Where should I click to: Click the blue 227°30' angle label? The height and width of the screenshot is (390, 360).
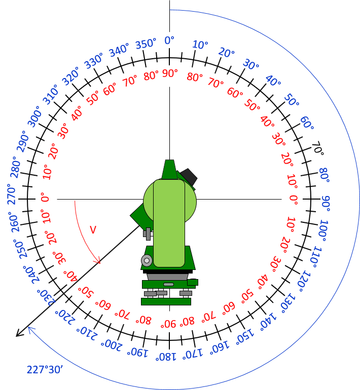pyautogui.click(x=45, y=370)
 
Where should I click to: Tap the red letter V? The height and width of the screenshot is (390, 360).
pyautogui.click(x=93, y=230)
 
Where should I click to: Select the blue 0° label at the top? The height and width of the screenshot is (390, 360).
pyautogui.click(x=169, y=41)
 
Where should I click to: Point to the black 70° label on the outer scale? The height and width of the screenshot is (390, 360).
pyautogui.click(x=318, y=148)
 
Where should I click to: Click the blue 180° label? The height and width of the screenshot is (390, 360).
pyautogui.click(x=166, y=357)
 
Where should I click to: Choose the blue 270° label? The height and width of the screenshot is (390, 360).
pyautogui.click(x=12, y=194)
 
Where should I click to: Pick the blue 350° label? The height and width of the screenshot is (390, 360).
pyautogui.click(x=146, y=44)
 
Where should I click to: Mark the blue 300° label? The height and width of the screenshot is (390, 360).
pyautogui.click(x=34, y=116)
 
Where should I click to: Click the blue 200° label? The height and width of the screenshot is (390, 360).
pyautogui.click(x=112, y=345)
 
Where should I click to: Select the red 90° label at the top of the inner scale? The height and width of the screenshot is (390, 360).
pyautogui.click(x=170, y=73)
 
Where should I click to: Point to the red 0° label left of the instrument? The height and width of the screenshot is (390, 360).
pyautogui.click(x=45, y=199)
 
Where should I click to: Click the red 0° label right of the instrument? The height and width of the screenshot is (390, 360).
pyautogui.click(x=294, y=200)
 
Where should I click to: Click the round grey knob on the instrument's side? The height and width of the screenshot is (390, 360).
pyautogui.click(x=147, y=261)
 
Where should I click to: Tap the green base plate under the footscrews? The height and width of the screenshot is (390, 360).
pyautogui.click(x=166, y=301)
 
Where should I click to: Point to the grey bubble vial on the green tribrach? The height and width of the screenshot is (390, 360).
pyautogui.click(x=168, y=284)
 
